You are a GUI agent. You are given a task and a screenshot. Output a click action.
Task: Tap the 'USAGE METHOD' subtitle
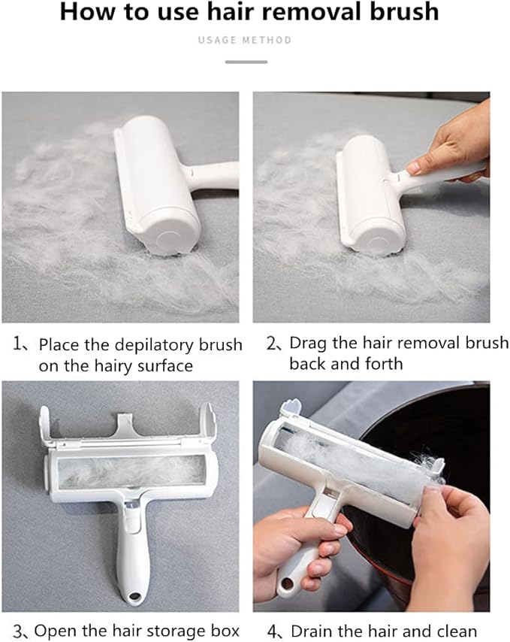point(245,40)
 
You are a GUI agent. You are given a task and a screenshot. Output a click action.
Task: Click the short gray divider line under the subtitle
point(246,62)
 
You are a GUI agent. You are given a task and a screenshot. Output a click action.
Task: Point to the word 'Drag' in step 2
point(309,344)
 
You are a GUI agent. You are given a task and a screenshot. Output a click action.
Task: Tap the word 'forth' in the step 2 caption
point(384,363)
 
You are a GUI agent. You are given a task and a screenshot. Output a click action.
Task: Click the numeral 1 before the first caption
point(17,343)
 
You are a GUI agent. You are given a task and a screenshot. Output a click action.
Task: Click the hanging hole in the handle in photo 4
point(287,583)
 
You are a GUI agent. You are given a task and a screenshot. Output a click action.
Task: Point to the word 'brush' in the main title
point(404,11)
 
